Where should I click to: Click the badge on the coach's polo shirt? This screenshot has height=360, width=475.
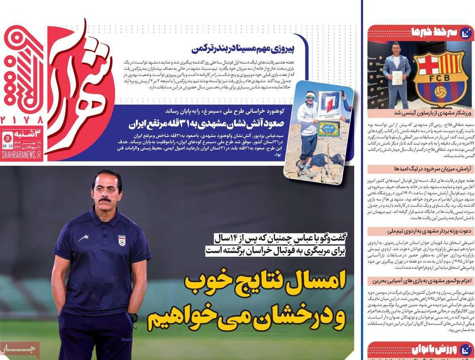[x=122, y=240]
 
